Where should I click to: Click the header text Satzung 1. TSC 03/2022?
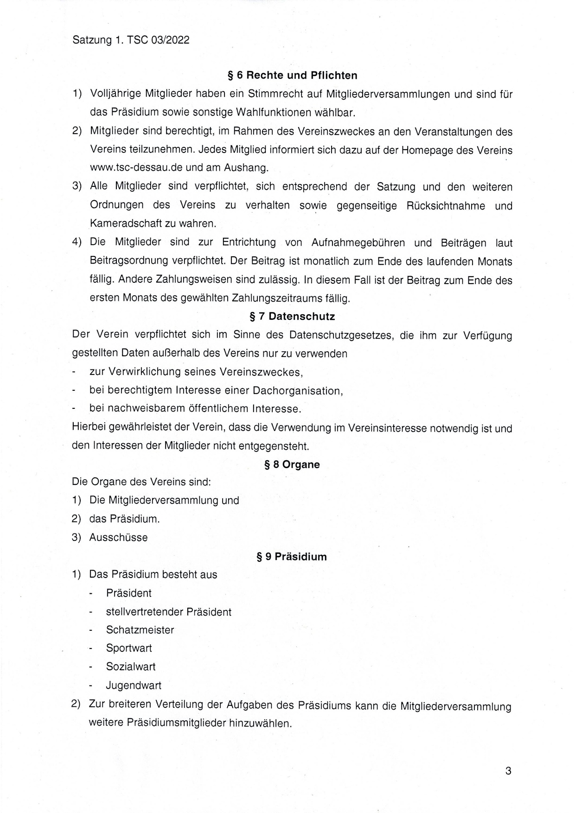tap(131, 40)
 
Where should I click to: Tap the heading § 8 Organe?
tap(292, 464)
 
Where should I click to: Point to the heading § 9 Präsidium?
tap(291, 557)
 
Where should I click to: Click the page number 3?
tap(508, 771)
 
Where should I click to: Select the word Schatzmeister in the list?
tap(140, 630)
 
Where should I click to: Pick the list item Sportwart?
tap(129, 648)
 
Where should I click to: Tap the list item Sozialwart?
tap(131, 667)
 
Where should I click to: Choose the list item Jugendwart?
tap(134, 685)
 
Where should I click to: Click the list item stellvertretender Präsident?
tap(168, 612)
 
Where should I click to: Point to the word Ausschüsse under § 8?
tap(118, 538)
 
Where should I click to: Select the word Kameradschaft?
tap(122, 223)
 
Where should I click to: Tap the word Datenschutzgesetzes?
tap(341, 335)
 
